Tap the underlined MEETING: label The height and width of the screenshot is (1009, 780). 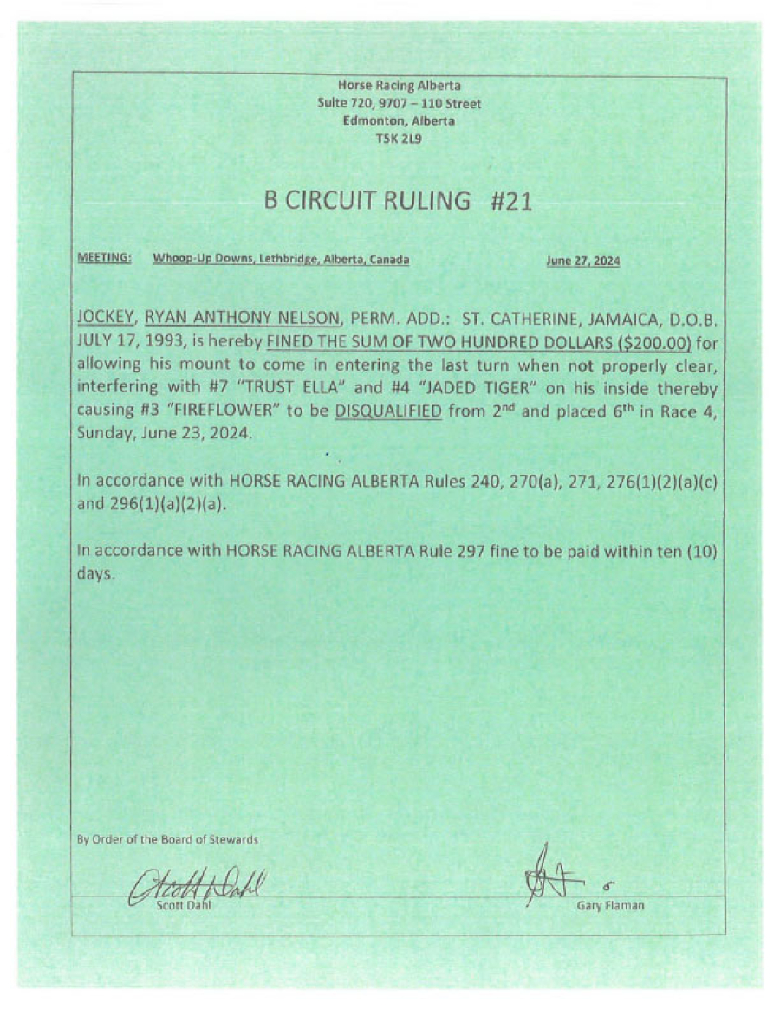pos(104,259)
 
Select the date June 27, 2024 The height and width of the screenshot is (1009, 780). pos(582,260)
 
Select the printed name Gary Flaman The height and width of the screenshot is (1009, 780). pos(609,906)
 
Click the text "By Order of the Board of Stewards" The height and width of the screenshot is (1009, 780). pos(167,839)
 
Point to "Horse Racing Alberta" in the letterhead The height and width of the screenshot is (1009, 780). pos(399,86)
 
